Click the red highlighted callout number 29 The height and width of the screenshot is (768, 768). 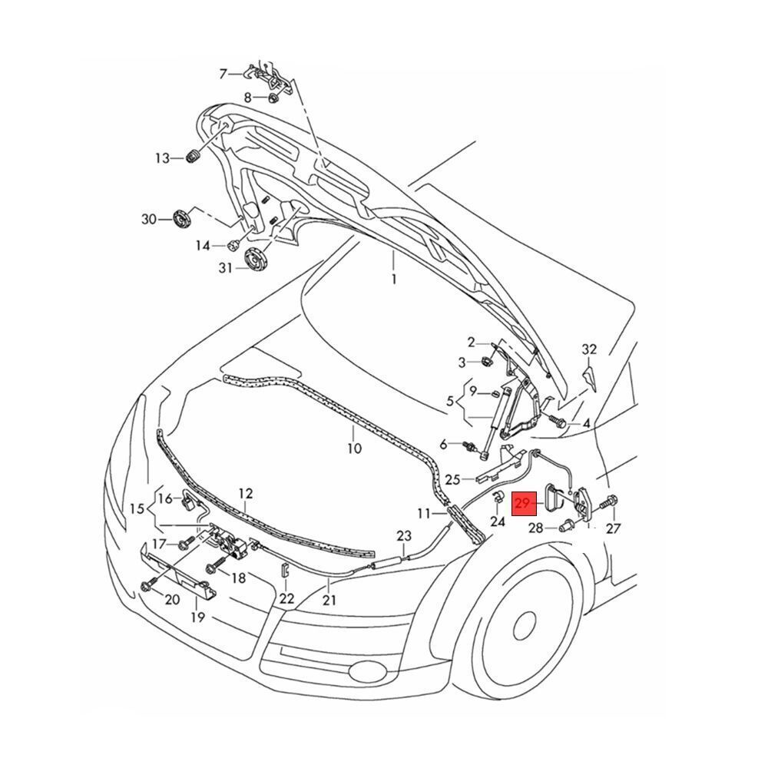[x=524, y=504]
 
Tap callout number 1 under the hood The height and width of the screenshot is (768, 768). [x=394, y=280]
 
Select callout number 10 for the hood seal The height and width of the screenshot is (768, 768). [x=353, y=449]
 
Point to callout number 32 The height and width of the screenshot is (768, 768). [x=589, y=349]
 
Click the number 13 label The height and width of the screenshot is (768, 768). [x=162, y=158]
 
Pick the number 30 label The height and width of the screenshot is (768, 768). [x=148, y=219]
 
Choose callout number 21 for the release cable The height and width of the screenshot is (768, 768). [x=329, y=600]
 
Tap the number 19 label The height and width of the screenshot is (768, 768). [x=198, y=617]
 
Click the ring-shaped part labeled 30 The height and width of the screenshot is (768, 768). [x=184, y=219]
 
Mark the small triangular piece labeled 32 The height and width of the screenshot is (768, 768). [x=590, y=376]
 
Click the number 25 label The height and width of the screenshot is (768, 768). [x=452, y=480]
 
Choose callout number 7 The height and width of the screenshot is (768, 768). [x=223, y=74]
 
